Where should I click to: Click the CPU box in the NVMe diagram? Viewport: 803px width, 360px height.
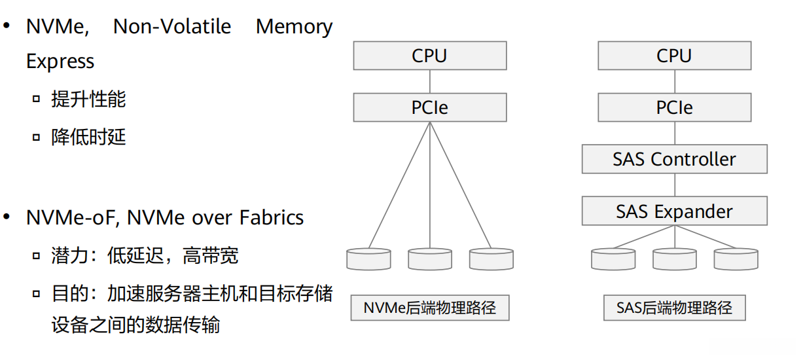429,56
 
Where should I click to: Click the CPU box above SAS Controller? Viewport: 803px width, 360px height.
674,56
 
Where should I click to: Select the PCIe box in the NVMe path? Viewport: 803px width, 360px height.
429,107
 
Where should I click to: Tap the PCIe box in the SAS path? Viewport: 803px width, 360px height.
674,107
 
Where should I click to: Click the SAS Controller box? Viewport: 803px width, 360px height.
674,159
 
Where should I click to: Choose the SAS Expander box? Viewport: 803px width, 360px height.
674,211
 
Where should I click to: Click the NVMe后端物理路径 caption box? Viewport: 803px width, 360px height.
429,308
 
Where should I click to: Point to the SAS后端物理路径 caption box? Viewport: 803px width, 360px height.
674,308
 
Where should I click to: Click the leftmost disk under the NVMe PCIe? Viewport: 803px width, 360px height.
368,259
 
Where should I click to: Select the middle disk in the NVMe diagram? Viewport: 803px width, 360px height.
429,259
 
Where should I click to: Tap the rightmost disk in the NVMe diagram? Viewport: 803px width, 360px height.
491,259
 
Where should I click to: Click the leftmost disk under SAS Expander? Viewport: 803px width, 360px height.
613,259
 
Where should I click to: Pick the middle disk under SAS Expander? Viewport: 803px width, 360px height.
674,259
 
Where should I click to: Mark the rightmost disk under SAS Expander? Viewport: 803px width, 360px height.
736,259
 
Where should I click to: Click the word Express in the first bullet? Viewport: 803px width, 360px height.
60,62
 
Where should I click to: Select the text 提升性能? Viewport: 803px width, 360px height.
88,99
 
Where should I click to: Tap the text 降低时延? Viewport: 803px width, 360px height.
88,137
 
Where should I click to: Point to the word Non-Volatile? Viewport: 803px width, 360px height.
172,27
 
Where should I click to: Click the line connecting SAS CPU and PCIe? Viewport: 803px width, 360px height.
674,81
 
